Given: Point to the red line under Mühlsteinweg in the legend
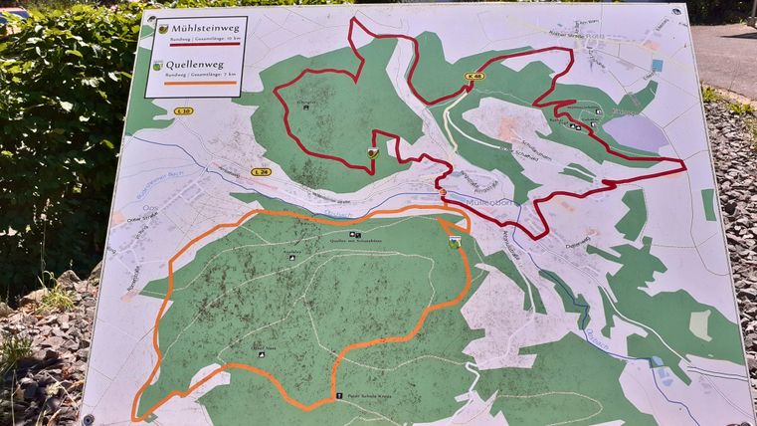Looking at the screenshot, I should pyautogui.click(x=198, y=46).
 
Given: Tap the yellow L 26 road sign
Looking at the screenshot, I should pyautogui.click(x=262, y=172).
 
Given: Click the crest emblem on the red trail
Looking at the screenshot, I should pyautogui.click(x=372, y=152).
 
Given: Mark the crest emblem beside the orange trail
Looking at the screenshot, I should pyautogui.click(x=455, y=241).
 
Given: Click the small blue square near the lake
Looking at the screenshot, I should pyautogui.click(x=657, y=66).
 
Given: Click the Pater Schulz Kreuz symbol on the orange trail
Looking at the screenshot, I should pyautogui.click(x=339, y=395).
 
